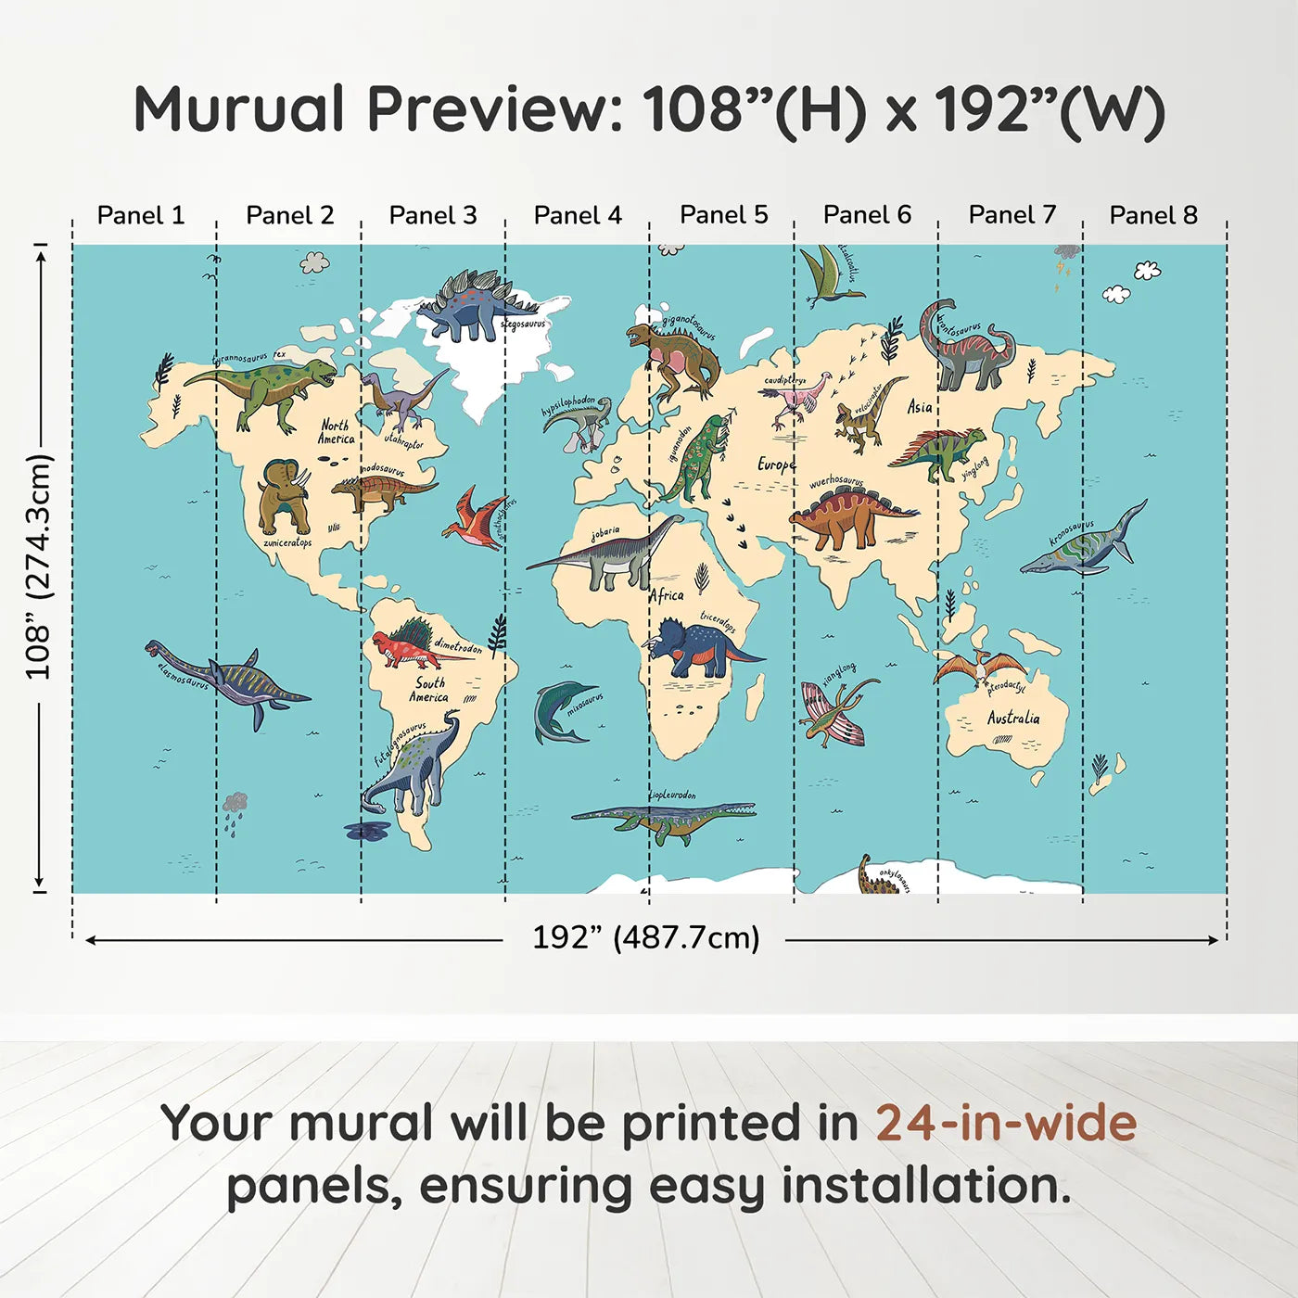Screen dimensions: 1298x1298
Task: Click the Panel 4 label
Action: [x=578, y=215]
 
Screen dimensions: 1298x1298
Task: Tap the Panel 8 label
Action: [x=1153, y=215]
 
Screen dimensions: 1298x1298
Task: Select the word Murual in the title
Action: [x=239, y=109]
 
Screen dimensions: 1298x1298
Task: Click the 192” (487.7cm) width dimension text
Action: [x=645, y=937]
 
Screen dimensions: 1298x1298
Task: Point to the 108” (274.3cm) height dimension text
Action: [x=39, y=566]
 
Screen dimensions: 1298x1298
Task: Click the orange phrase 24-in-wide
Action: [x=1006, y=1123]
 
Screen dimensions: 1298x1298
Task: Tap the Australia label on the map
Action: [x=1012, y=718]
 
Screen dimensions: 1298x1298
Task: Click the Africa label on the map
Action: [x=666, y=595]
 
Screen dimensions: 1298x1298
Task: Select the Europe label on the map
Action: [x=775, y=464]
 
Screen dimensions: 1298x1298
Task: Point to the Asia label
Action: [x=919, y=407]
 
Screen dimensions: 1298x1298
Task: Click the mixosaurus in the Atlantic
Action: [x=560, y=711]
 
